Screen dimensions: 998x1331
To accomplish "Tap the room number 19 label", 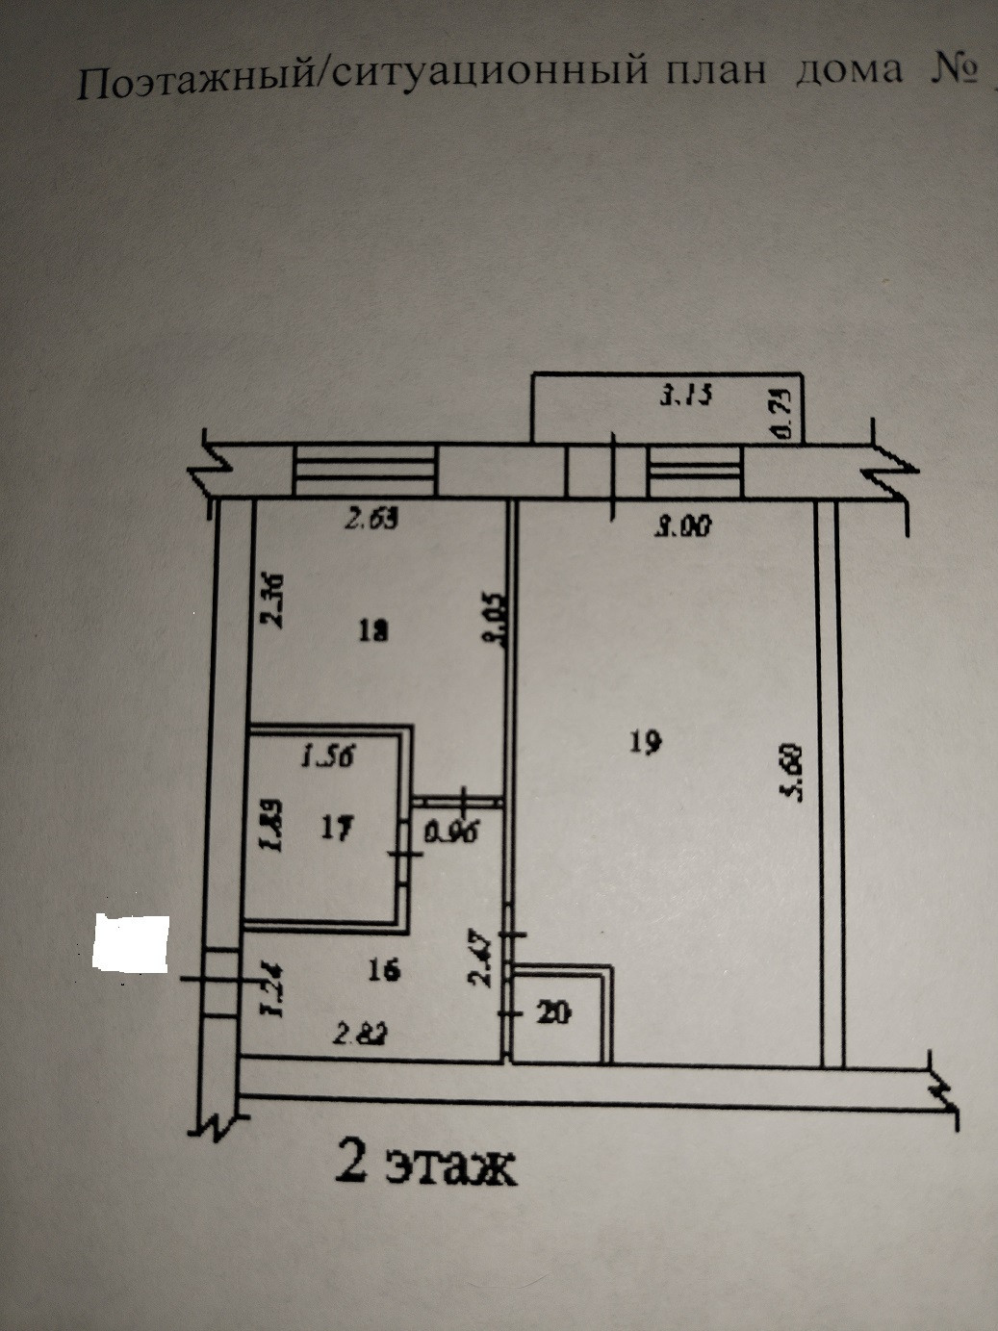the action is pyautogui.click(x=644, y=743).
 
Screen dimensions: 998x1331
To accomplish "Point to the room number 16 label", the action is pyautogui.click(x=383, y=970).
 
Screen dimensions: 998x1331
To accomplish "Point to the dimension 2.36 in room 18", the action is pyautogui.click(x=274, y=600).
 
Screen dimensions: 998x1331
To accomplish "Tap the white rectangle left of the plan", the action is pyautogui.click(x=130, y=942).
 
